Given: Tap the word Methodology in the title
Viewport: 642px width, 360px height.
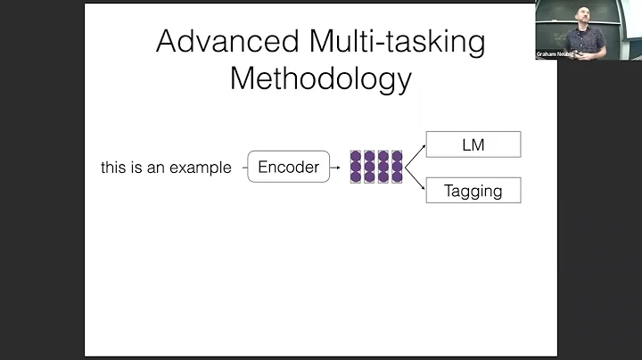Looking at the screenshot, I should tap(321, 78).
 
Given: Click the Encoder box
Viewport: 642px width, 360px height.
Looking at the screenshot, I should tap(288, 167).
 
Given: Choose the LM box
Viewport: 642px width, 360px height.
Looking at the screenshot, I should tap(473, 144).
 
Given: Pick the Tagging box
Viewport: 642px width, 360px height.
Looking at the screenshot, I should tap(473, 190).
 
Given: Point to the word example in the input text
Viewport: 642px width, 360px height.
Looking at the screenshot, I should tap(202, 168).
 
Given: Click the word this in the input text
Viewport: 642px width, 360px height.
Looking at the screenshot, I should tap(113, 168).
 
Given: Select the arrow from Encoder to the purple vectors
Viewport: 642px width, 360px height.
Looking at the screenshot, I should tap(335, 168).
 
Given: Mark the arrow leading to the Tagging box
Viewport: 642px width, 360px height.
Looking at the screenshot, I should tap(414, 183).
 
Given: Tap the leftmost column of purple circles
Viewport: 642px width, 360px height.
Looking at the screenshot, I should tap(356, 167).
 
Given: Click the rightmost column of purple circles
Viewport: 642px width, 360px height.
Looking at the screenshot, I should tap(397, 167).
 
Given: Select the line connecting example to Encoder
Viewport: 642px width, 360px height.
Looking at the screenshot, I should tap(241, 168).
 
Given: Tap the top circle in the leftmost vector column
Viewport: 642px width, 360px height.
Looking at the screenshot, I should tap(356, 156).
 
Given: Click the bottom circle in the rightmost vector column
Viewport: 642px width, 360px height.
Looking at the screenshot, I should tap(397, 177).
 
